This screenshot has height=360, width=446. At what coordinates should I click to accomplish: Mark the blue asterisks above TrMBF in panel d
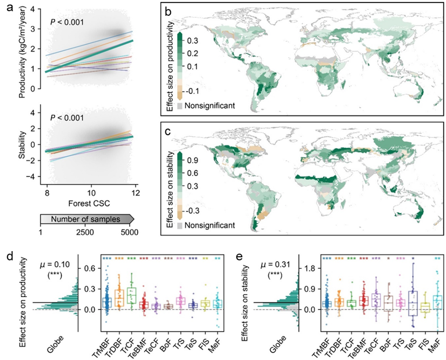click(106, 259)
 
